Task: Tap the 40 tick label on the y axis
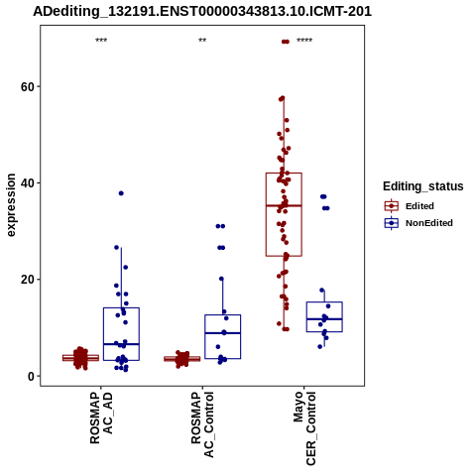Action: click(28, 183)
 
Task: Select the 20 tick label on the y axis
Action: click(28, 280)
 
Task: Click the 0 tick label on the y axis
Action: click(32, 376)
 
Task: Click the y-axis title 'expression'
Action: click(11, 205)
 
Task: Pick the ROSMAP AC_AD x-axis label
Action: click(101, 417)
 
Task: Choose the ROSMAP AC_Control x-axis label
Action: click(202, 424)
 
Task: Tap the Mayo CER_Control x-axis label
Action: click(304, 428)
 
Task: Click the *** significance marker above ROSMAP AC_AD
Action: click(101, 41)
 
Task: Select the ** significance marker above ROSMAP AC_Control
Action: click(202, 41)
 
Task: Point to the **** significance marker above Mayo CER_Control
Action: click(304, 41)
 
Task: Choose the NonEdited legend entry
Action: click(418, 223)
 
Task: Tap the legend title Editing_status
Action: click(423, 186)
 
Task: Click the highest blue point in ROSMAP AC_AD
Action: click(121, 193)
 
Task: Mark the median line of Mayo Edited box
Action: click(284, 205)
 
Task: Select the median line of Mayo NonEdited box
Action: click(324, 319)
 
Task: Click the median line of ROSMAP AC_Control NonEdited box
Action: click(222, 333)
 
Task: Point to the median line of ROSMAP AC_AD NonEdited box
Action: click(121, 344)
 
